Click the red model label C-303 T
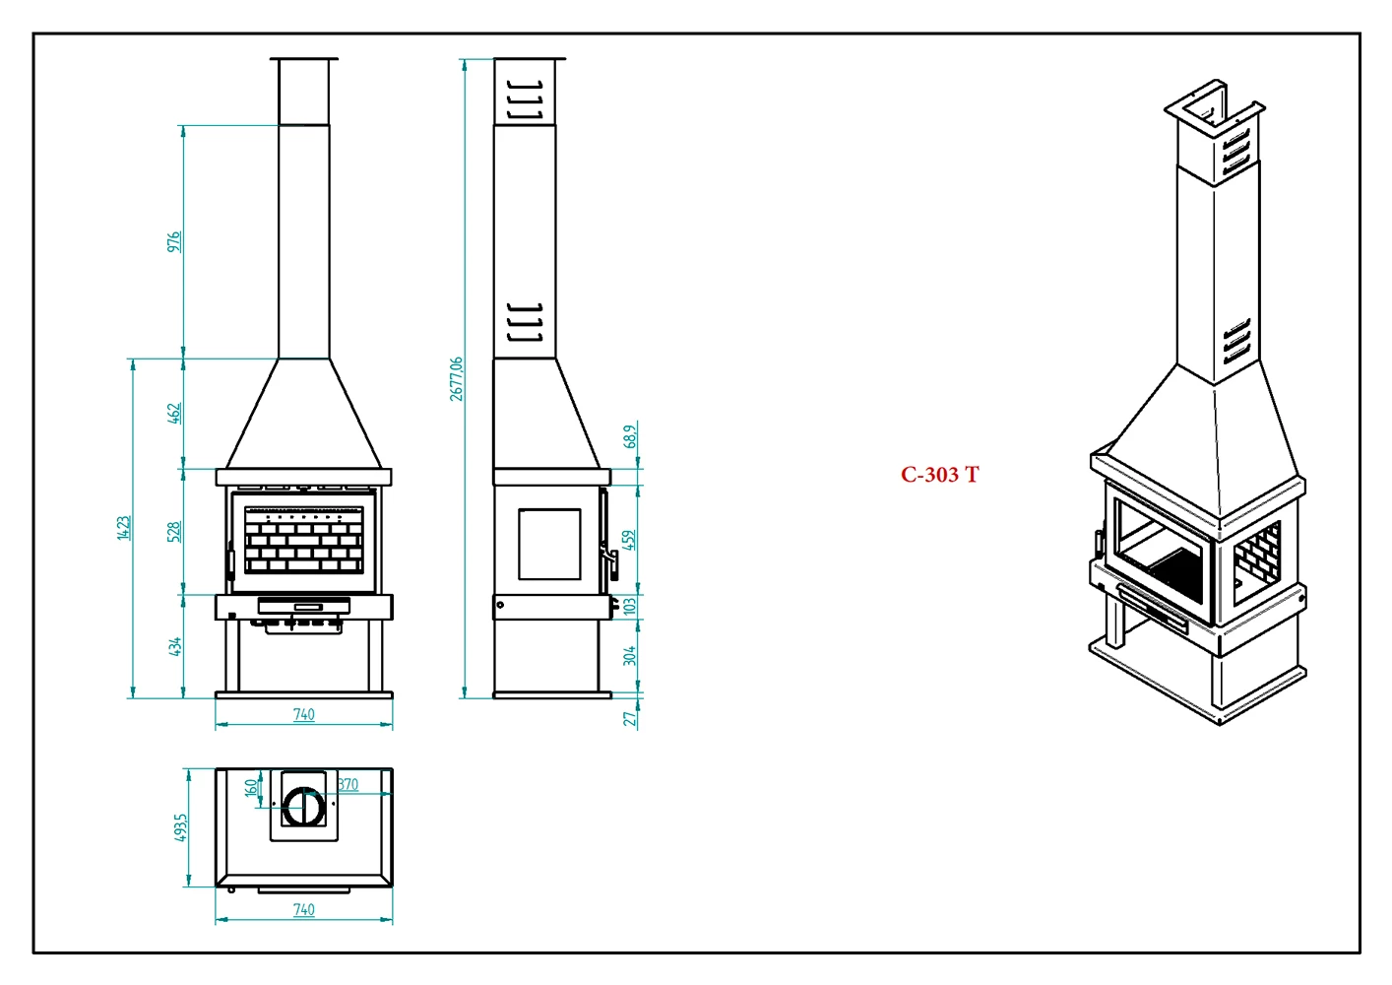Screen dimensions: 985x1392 click(939, 475)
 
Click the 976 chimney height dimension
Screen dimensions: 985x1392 click(174, 241)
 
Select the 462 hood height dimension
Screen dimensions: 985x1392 click(174, 413)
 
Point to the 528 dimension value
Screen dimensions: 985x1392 click(174, 532)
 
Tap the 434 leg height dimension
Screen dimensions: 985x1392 click(174, 646)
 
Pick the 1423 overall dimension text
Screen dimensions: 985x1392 click(123, 527)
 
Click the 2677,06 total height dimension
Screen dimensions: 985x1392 click(456, 379)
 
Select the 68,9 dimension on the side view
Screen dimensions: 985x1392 click(630, 435)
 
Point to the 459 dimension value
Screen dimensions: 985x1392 click(629, 540)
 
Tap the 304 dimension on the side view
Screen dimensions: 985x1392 click(629, 655)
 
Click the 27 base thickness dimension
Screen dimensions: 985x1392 click(629, 719)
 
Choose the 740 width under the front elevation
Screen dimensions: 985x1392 click(303, 714)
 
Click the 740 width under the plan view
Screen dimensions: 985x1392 click(303, 909)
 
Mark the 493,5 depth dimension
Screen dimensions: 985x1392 click(180, 827)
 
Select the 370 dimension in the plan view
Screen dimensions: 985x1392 click(348, 784)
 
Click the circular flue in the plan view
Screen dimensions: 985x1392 click(304, 807)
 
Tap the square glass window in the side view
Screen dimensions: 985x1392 click(549, 544)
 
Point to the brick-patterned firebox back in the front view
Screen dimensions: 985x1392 click(304, 540)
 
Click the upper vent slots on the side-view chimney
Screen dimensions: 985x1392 click(524, 99)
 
